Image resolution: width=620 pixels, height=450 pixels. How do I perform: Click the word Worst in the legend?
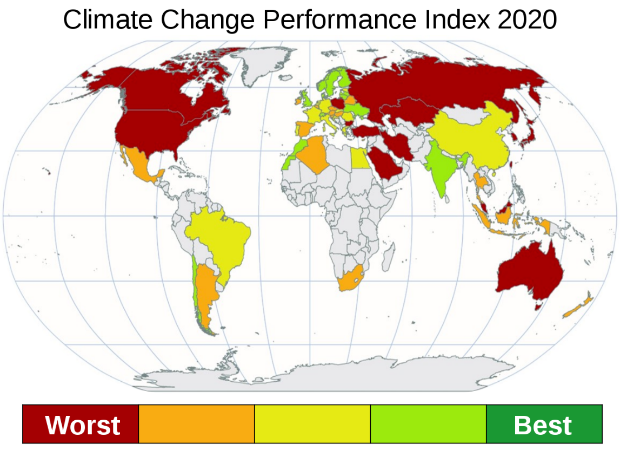82,425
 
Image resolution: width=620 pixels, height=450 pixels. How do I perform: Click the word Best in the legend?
543,425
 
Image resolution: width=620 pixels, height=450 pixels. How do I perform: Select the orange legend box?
196,423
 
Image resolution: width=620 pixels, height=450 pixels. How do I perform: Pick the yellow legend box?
312,423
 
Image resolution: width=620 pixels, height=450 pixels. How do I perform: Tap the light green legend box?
428,423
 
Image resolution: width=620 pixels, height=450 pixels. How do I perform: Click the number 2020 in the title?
527,20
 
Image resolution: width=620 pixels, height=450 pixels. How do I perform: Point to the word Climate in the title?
111,20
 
